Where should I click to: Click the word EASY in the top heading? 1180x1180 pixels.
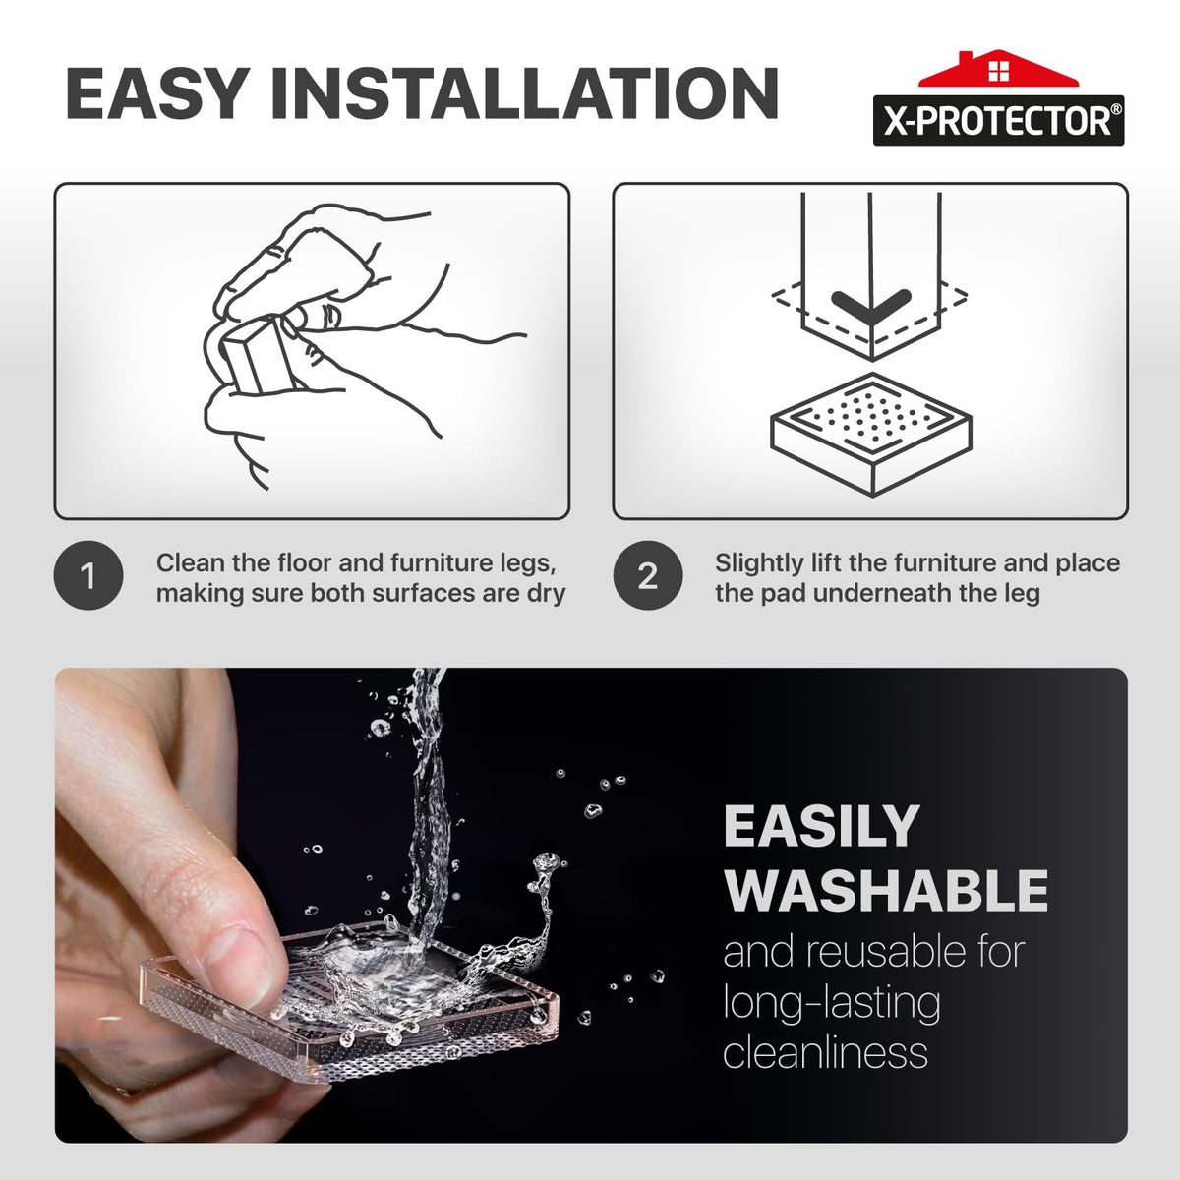(157, 93)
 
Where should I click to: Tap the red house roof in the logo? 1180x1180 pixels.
(998, 69)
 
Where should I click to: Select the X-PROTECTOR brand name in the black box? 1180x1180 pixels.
(998, 121)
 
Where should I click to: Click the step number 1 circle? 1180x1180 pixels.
(88, 575)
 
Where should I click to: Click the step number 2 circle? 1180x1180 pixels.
(648, 575)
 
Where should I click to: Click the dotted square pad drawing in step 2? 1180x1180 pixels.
(871, 435)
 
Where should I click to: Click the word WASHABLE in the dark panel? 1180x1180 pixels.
(886, 891)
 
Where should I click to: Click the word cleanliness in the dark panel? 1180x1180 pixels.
(825, 1052)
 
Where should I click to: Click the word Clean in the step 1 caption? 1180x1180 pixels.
(189, 562)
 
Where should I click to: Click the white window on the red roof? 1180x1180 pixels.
(999, 71)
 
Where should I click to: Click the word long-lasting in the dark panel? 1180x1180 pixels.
(832, 1005)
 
